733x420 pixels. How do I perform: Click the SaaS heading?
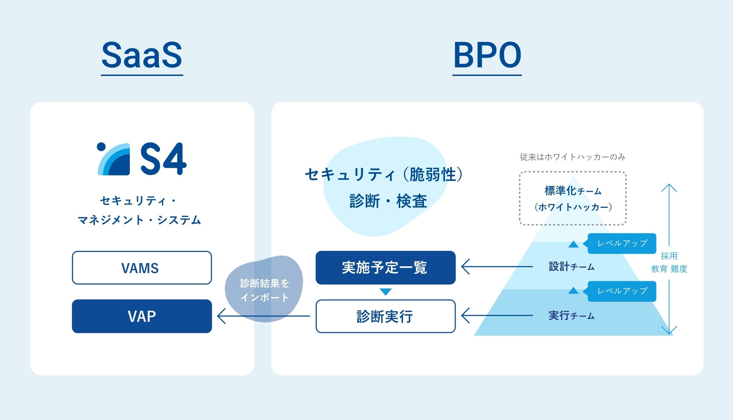tap(142, 55)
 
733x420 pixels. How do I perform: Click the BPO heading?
tap(487, 55)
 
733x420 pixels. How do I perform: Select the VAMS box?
tap(142, 268)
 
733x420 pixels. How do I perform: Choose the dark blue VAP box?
tap(142, 316)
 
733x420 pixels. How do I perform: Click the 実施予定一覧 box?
tap(385, 267)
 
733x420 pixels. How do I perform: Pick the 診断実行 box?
tap(385, 316)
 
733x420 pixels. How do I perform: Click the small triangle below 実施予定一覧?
tap(385, 292)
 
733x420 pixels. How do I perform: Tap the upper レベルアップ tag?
tap(622, 243)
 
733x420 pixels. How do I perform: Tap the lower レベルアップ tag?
tap(622, 291)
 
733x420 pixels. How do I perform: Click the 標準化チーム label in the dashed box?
tap(573, 191)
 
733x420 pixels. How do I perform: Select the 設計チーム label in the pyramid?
tap(572, 267)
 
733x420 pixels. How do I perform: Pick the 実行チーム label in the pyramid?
tap(572, 316)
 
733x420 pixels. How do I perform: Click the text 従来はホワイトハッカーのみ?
tap(573, 157)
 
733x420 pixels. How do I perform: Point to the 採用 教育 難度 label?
tap(669, 262)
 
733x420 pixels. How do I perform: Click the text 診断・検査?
tap(388, 201)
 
